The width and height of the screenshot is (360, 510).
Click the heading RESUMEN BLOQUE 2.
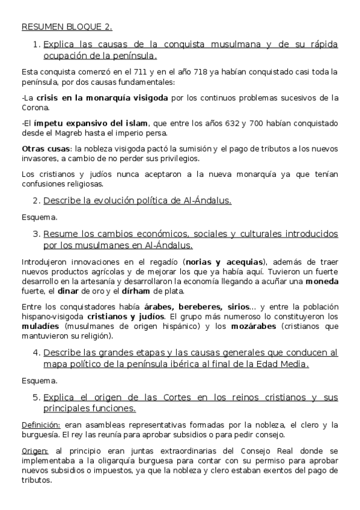[66, 27]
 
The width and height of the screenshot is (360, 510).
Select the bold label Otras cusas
[45, 149]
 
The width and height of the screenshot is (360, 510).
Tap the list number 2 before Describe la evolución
[36, 201]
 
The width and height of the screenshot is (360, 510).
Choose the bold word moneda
[322, 281]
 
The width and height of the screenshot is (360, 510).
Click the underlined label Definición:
[40, 425]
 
